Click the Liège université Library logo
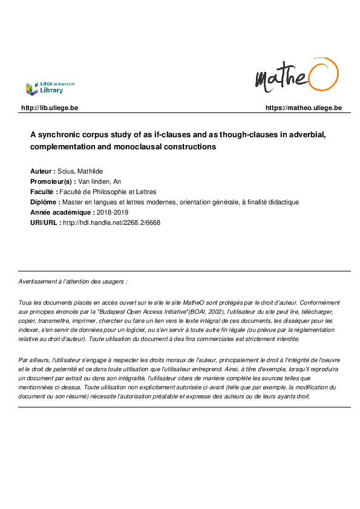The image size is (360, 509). (x=50, y=88)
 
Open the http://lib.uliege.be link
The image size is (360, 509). (x=50, y=108)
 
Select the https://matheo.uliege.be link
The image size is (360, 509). (x=303, y=108)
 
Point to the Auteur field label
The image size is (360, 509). (x=42, y=172)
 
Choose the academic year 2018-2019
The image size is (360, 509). (x=114, y=212)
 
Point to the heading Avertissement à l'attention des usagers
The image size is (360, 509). (x=73, y=282)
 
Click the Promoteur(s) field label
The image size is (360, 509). (x=53, y=181)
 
